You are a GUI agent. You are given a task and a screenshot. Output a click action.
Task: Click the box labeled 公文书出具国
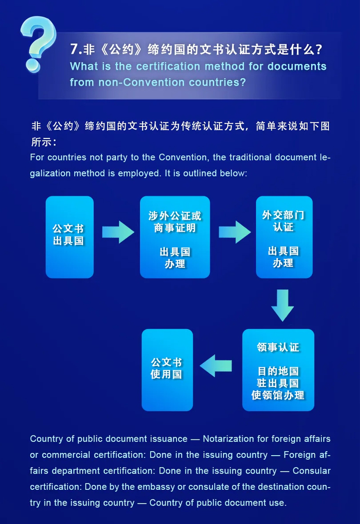click(69, 237)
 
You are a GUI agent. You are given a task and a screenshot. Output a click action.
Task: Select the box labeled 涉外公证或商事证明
click(175, 237)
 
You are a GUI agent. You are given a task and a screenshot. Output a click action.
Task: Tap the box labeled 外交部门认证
click(284, 237)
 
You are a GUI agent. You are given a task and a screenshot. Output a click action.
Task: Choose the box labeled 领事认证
click(278, 370)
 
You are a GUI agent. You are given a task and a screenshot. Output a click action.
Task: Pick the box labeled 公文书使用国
click(167, 370)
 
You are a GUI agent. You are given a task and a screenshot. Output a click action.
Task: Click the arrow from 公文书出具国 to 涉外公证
click(117, 232)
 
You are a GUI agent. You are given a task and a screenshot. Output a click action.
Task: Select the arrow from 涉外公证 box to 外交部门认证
click(234, 232)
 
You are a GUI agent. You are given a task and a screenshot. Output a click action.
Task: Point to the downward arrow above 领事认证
click(283, 305)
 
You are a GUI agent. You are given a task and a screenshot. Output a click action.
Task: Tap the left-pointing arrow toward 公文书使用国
click(216, 366)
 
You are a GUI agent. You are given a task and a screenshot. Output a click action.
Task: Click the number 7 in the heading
click(74, 49)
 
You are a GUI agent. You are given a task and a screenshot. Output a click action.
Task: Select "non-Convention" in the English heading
click(126, 83)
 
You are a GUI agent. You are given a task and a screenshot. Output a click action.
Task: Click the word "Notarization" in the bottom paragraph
click(232, 439)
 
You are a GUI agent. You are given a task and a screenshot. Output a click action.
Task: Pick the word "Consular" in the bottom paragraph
click(311, 471)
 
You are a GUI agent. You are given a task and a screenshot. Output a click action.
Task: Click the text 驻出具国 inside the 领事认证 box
click(278, 383)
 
